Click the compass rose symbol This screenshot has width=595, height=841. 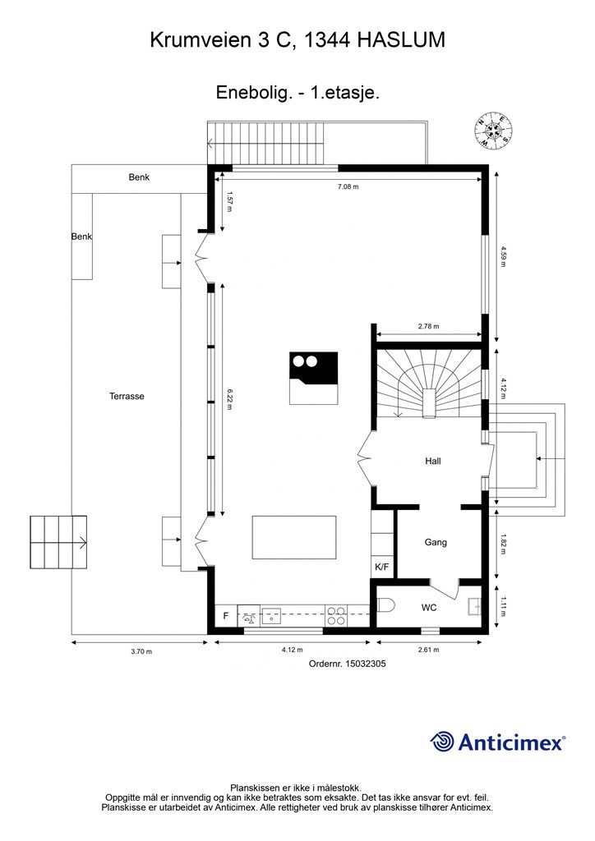[493, 130]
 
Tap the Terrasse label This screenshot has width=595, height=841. [127, 397]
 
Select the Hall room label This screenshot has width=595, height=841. [433, 461]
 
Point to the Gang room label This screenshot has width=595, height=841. [436, 542]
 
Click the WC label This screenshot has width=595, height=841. [429, 608]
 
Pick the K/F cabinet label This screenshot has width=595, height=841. [382, 567]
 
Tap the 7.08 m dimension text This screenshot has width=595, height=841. [348, 186]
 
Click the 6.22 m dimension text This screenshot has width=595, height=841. [229, 400]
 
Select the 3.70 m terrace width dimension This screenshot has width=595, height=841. [141, 651]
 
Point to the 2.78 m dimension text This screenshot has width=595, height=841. [428, 326]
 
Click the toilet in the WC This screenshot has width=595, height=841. [385, 605]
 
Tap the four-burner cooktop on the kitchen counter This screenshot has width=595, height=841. [336, 614]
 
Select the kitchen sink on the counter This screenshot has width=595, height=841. [272, 615]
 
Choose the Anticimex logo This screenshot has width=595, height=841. [497, 742]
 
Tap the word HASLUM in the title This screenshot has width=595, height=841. [401, 40]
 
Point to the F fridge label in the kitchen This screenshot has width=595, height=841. [226, 616]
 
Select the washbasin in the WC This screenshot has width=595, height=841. [474, 606]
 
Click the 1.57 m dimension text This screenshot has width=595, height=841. [229, 201]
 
